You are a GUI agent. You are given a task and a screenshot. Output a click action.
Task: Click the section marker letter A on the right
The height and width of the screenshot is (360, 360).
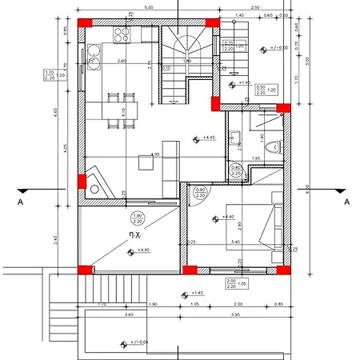click(x=346, y=203)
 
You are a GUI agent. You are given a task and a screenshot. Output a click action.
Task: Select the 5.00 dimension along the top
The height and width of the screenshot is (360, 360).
click(x=149, y=7)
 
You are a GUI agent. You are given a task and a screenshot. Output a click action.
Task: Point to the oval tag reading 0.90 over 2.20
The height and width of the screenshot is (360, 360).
click(x=236, y=170)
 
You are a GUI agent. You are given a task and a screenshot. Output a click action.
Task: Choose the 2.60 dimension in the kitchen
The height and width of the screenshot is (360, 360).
click(x=122, y=62)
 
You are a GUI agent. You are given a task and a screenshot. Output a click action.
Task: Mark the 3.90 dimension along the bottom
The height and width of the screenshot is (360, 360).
click(x=235, y=315)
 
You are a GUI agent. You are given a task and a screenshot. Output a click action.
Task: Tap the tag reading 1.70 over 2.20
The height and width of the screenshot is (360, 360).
click(x=48, y=76)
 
